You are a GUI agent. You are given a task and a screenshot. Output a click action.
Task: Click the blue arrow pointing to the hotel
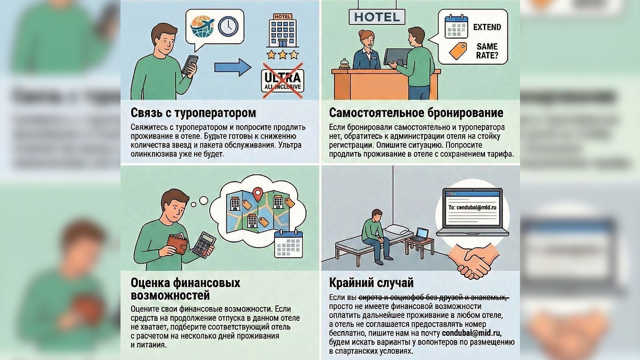[x=233, y=67]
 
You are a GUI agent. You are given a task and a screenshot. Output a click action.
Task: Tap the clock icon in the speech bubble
[x=228, y=26]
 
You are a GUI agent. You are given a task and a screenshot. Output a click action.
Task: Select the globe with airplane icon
[x=202, y=26]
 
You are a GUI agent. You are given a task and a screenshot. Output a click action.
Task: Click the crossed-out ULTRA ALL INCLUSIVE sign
[x=282, y=80]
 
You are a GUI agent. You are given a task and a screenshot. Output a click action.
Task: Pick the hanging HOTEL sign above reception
[x=377, y=17]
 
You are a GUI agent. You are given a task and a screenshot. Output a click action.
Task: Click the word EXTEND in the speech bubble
[x=487, y=27]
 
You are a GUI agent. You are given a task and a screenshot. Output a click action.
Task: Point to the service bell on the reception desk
[x=345, y=63]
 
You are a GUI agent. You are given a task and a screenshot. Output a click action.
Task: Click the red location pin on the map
[x=257, y=194]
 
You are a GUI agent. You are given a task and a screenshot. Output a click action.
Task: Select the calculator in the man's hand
[x=204, y=244]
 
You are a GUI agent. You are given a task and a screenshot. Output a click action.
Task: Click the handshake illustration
[x=473, y=261]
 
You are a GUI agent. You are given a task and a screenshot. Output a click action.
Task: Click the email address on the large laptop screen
[x=472, y=207]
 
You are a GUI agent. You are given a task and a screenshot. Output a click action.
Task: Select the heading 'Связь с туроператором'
[x=193, y=113]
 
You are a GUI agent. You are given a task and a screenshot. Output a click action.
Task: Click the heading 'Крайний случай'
[x=371, y=283]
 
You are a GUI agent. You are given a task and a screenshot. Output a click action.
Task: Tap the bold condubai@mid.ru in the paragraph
[x=471, y=333]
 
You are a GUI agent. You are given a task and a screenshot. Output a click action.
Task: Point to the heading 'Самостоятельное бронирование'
[x=416, y=113]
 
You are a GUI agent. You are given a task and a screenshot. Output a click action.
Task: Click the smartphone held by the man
[x=190, y=64]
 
